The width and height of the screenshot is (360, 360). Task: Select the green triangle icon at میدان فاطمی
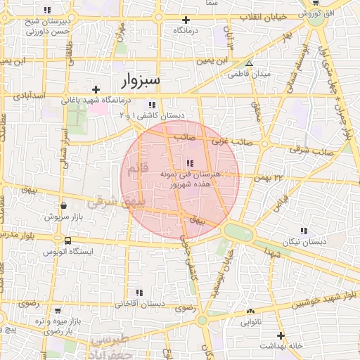(248, 63)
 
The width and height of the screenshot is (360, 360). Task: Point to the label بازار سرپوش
(64, 217)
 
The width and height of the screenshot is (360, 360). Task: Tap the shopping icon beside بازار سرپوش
(64, 205)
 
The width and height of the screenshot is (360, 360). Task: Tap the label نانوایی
(251, 323)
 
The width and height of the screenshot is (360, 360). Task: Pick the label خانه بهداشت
(281, 347)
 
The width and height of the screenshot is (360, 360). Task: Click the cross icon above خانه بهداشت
(281, 335)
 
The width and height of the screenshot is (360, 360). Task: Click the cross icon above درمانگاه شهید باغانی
(96, 89)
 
